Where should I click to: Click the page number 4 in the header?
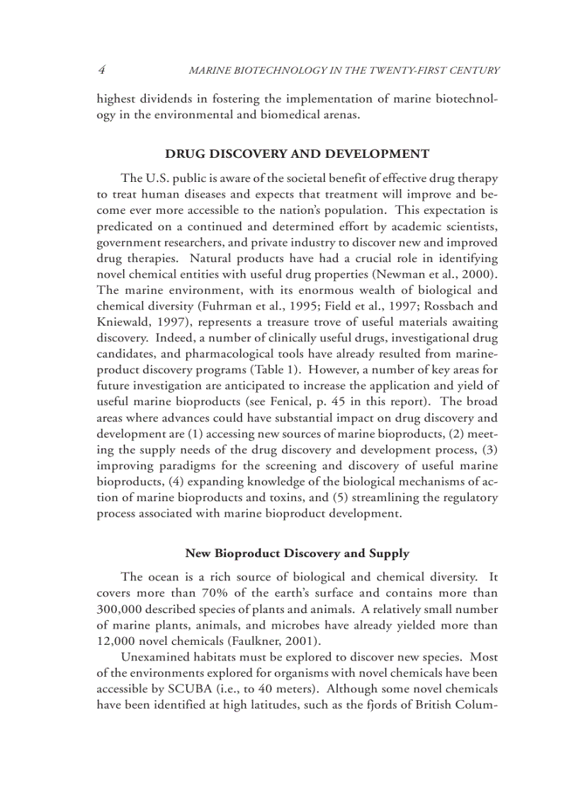pos(102,69)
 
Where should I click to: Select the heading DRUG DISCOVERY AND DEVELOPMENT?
pos(297,154)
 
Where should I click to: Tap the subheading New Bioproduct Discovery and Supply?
pos(297,553)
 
